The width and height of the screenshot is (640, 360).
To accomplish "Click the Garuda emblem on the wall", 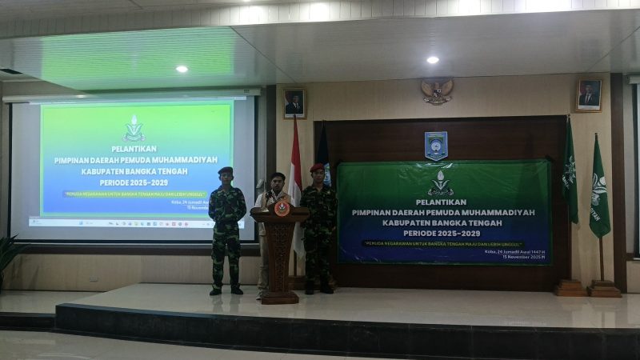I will (x=438, y=90).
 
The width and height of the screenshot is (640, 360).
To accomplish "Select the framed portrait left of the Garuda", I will (x=294, y=102).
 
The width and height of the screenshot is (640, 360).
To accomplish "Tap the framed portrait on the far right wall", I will (x=589, y=95).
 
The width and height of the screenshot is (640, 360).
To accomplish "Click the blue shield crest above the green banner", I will (x=436, y=145).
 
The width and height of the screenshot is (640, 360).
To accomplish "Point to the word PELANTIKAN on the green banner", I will (x=441, y=202).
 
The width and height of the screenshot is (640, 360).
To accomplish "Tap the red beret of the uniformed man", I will (x=318, y=167).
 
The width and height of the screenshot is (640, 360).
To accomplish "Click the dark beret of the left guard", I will (x=226, y=170).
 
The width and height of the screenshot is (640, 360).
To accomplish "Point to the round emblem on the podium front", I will (x=281, y=208).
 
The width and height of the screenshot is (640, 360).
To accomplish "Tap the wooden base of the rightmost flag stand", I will (x=604, y=289).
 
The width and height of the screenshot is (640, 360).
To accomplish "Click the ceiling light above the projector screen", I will (x=182, y=69).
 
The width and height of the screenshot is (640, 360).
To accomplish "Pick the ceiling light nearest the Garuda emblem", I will (x=432, y=59).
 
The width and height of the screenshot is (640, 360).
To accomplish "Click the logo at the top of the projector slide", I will (x=134, y=128).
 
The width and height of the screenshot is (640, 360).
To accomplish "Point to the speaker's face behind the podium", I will (x=278, y=182).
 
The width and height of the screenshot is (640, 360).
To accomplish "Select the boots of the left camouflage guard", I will (x=226, y=290).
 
